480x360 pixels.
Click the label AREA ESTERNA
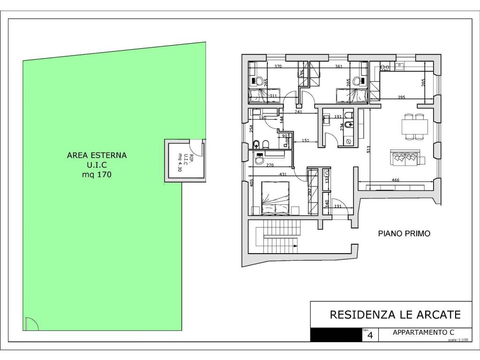click(x=97, y=155)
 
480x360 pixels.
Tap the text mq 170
click(x=97, y=174)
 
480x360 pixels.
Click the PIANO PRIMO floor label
click(x=404, y=233)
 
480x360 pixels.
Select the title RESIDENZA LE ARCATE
click(x=395, y=314)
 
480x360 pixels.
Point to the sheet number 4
click(x=370, y=336)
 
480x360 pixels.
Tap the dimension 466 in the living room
click(x=395, y=180)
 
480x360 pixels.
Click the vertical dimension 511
click(x=369, y=150)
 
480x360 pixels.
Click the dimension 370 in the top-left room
click(x=277, y=67)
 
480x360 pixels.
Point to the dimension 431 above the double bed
click(x=283, y=174)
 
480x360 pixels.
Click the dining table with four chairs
click(x=414, y=127)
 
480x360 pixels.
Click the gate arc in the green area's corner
click(x=31, y=323)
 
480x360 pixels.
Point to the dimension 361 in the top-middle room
click(x=339, y=67)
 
